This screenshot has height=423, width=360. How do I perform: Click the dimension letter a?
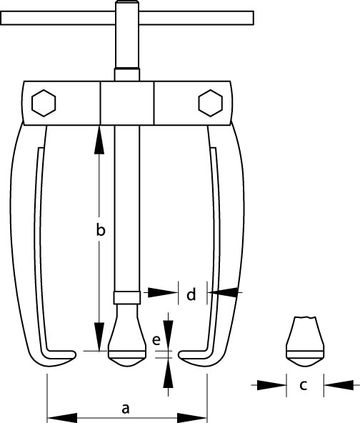coord(126,409)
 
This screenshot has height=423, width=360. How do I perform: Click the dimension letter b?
coord(101,230)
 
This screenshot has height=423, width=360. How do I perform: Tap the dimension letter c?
coord(304,385)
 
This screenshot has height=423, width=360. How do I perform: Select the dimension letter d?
coord(191,294)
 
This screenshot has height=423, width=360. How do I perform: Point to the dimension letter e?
coord(156,340)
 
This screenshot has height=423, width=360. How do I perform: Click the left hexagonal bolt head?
coord(44,103)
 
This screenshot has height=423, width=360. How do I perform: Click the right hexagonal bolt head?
coord(210,103)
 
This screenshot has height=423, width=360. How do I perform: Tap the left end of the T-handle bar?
coord(1,18)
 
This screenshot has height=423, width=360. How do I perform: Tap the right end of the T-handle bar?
coord(253,18)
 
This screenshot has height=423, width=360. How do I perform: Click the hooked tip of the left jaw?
coord(74,354)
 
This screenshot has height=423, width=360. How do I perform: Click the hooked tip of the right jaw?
coord(181,354)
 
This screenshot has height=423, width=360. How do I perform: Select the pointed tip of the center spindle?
coord(127,366)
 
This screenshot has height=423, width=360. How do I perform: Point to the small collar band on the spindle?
coord(127,298)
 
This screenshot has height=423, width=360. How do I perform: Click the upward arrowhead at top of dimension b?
coord(99,140)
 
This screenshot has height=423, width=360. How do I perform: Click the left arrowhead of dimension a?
coord(62,418)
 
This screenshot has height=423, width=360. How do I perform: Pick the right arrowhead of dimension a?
coord(192,418)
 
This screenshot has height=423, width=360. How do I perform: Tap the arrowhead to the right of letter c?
coord(339,385)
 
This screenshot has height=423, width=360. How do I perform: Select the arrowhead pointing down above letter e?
coord(169,334)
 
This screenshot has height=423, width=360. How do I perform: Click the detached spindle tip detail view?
coord(305,342)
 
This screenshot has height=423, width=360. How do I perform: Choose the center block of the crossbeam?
coord(127,103)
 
